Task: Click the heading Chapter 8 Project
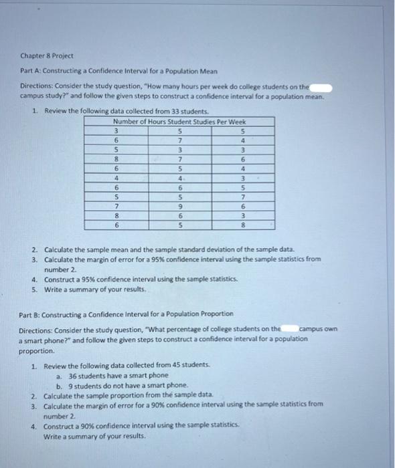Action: click(46, 56)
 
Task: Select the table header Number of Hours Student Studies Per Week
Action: click(179, 122)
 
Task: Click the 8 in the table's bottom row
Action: click(243, 227)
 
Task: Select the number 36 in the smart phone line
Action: click(74, 376)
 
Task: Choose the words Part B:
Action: click(28, 314)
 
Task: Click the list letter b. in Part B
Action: click(60, 386)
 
